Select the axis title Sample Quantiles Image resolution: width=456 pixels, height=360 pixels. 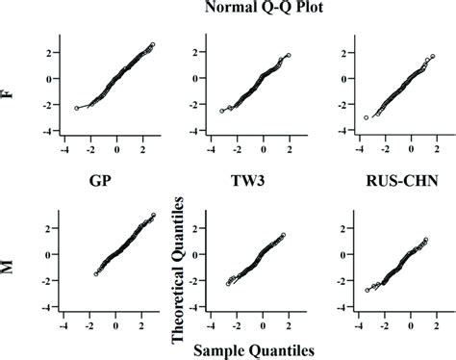(241, 348)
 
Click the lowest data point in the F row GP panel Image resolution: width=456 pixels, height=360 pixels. (76, 109)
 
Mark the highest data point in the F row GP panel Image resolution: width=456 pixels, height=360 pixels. (153, 44)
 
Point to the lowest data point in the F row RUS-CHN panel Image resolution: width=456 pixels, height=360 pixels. (367, 117)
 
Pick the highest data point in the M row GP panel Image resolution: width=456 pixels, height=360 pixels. (154, 216)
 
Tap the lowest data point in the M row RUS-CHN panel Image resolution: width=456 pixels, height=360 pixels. (367, 290)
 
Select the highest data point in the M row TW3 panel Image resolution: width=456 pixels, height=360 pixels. (282, 233)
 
